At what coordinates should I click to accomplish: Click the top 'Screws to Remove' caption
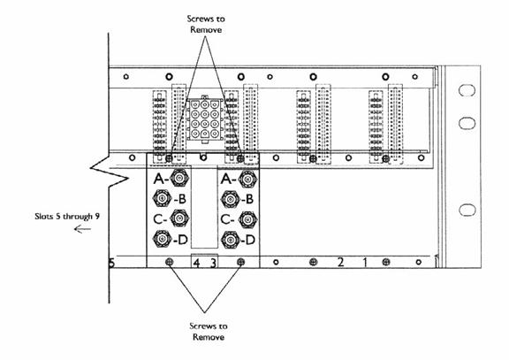tap(206, 24)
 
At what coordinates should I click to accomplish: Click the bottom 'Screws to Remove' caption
tap(208, 332)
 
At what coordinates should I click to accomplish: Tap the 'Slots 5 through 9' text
tap(67, 217)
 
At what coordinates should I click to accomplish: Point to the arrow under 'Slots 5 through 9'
tap(82, 229)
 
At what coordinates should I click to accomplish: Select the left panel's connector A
tap(179, 178)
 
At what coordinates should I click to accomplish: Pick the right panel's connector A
tap(248, 179)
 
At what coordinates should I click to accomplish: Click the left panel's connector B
tap(162, 198)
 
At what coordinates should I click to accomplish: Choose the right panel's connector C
tap(248, 219)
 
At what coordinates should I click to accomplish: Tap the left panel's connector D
tap(162, 239)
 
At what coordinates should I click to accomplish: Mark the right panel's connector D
tap(231, 240)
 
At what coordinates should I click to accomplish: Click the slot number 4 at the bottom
tap(196, 263)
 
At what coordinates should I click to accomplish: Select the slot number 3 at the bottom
tap(213, 263)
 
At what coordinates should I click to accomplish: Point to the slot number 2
tap(340, 262)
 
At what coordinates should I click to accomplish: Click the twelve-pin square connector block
tap(204, 119)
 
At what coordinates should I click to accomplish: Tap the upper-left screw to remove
tap(169, 158)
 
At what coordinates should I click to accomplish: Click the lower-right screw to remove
tap(240, 262)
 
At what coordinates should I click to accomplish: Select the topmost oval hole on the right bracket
tap(467, 90)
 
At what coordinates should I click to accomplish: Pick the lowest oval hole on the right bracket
tap(467, 211)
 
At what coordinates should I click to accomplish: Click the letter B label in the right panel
tap(249, 199)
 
